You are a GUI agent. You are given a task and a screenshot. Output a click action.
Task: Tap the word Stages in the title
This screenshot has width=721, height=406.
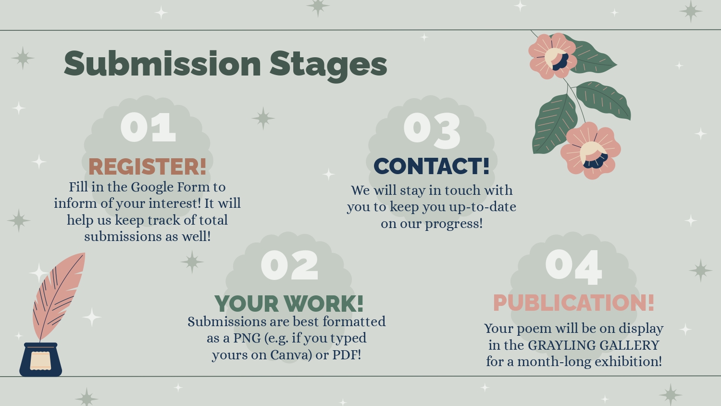[328, 66]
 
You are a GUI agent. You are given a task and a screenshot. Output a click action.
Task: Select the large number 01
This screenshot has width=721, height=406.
[149, 127]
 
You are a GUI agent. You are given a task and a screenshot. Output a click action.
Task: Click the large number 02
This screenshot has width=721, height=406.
[289, 265]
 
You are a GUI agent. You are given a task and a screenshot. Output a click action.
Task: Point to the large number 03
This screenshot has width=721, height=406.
[432, 130]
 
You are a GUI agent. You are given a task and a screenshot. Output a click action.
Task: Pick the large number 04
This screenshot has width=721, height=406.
[573, 267]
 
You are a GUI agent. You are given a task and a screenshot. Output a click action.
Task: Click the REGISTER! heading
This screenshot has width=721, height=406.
[148, 166]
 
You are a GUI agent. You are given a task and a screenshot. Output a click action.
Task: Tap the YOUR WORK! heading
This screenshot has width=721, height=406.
[289, 304]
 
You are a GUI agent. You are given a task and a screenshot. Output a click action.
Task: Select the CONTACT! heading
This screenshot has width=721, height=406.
[432, 166]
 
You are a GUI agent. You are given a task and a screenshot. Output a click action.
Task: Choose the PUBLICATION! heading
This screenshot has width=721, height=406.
[574, 303]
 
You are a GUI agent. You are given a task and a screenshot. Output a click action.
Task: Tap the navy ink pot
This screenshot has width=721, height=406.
[40, 359]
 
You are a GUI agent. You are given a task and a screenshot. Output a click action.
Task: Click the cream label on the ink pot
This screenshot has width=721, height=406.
[40, 361]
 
